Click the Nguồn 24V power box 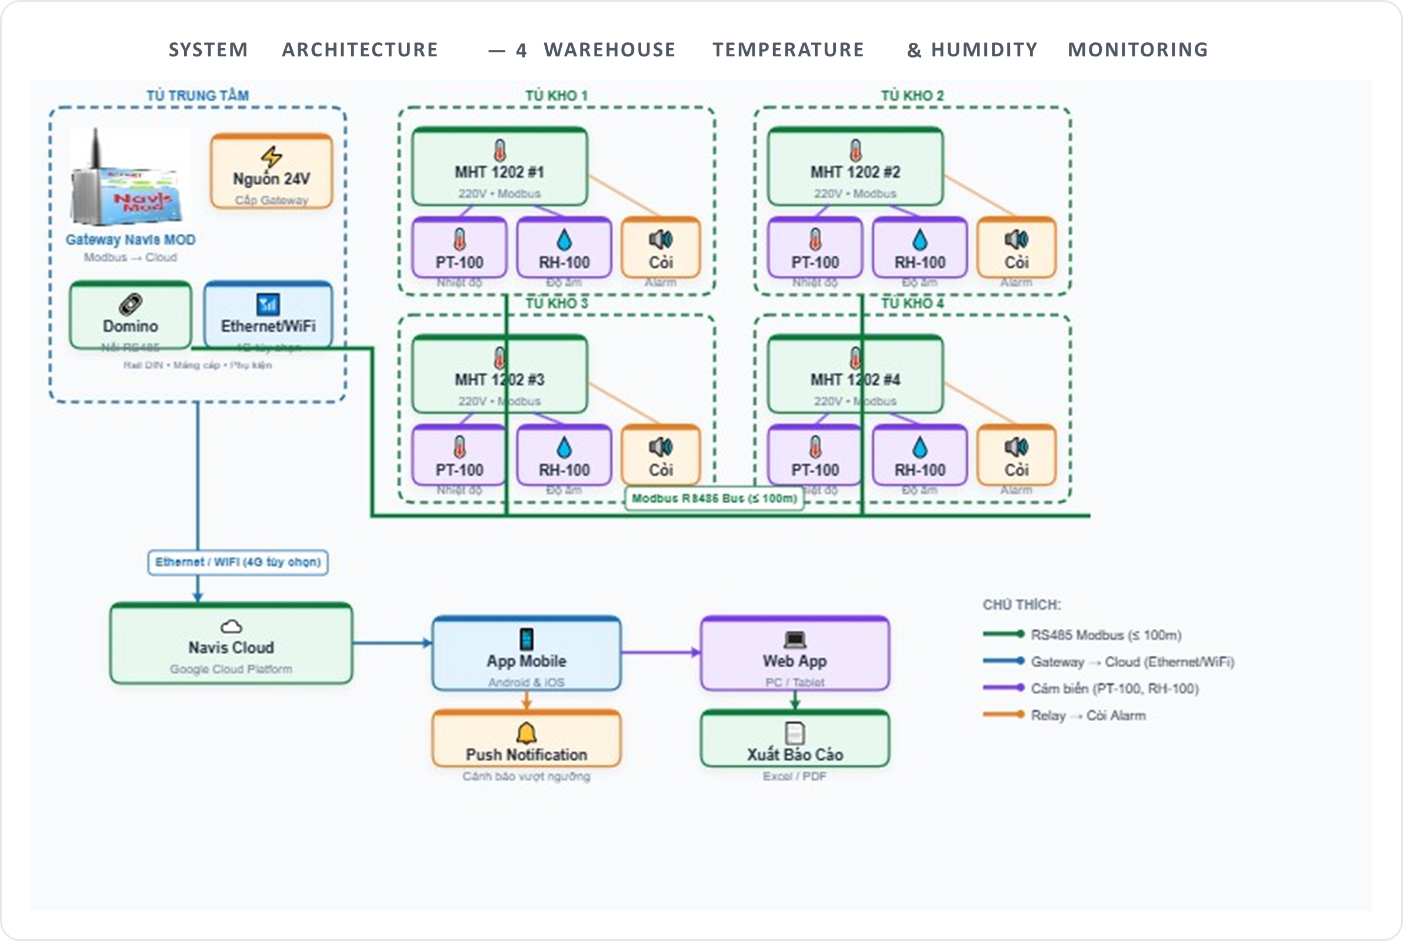point(271,172)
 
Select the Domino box point(131,316)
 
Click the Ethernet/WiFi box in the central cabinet point(268,316)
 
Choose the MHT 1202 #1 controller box point(499,167)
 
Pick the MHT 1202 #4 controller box point(855,374)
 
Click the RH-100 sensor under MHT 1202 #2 point(919,248)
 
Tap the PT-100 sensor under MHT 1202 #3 point(459,456)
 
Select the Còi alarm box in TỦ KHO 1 point(661,248)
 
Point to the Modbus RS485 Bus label point(714,498)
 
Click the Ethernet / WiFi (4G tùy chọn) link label point(238,562)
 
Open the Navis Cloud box point(231,644)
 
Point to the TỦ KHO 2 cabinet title point(912,95)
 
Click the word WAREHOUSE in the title point(609,49)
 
